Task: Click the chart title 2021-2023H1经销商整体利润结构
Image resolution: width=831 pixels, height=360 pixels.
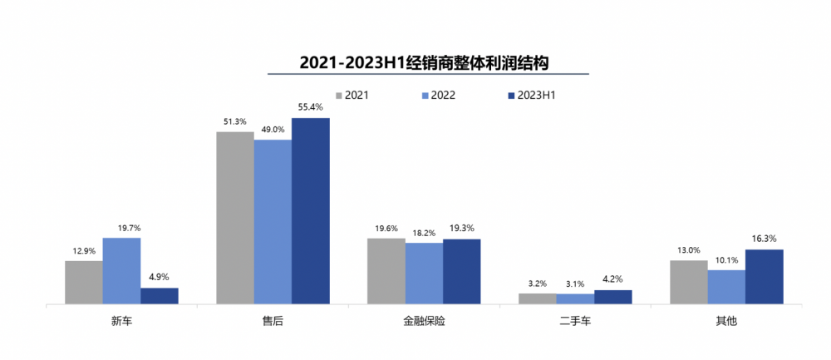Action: point(424,62)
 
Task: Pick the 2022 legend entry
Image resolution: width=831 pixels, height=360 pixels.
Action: point(439,96)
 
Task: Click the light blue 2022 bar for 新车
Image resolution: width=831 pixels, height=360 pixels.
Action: point(121,271)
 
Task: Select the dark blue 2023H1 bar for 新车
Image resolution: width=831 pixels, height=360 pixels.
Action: point(160,296)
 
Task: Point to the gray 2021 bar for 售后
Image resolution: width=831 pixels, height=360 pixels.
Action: point(235,218)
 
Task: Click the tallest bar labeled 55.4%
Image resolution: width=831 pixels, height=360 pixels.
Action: point(311,211)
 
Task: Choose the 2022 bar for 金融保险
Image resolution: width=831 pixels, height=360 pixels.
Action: point(424,274)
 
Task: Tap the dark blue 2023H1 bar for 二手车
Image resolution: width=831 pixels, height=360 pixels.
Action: point(613,297)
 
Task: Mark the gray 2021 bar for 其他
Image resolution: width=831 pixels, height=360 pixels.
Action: point(689,282)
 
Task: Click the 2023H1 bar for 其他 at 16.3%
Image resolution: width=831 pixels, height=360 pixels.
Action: point(765,277)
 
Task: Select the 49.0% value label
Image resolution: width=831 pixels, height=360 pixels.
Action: point(273,130)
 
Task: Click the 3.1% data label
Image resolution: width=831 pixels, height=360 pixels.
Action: point(575,284)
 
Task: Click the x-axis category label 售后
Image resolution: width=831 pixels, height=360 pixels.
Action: point(273,321)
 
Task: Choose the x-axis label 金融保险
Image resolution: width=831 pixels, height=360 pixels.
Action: point(424,321)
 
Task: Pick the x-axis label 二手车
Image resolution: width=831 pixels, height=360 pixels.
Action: point(575,321)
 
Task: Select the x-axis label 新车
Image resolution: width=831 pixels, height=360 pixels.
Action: point(121,321)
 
